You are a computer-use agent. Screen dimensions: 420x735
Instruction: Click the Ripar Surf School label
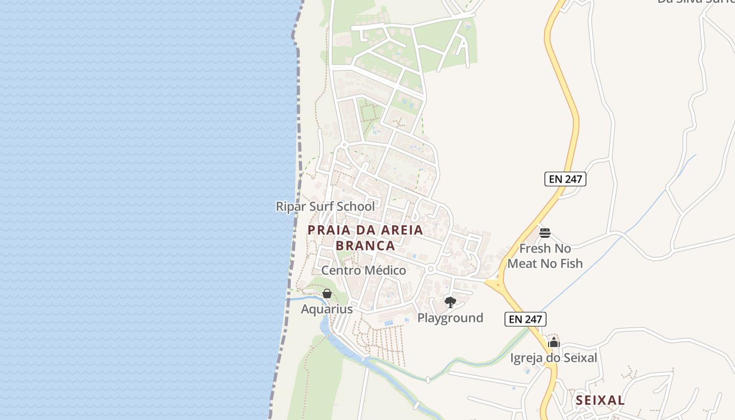pyautogui.click(x=325, y=206)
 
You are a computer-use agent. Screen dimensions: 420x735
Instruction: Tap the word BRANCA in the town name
pyautogui.click(x=365, y=246)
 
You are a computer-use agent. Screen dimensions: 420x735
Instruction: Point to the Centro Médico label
pyautogui.click(x=363, y=270)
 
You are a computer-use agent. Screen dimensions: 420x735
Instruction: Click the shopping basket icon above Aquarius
pyautogui.click(x=327, y=293)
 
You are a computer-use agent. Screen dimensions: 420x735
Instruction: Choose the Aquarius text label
pyautogui.click(x=327, y=309)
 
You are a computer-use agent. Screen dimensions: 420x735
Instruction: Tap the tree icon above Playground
pyautogui.click(x=450, y=302)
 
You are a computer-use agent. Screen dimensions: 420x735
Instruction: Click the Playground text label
pyautogui.click(x=450, y=318)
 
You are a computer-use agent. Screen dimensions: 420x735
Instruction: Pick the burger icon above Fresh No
pyautogui.click(x=545, y=233)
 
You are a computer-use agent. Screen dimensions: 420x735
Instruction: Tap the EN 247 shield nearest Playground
pyautogui.click(x=526, y=319)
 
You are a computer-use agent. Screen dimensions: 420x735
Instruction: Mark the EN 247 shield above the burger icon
pyautogui.click(x=564, y=179)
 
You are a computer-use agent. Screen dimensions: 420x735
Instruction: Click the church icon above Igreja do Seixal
pyautogui.click(x=554, y=343)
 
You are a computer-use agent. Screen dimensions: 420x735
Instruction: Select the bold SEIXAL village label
pyautogui.click(x=600, y=400)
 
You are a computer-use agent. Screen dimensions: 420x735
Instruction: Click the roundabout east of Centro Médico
pyautogui.click(x=430, y=269)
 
